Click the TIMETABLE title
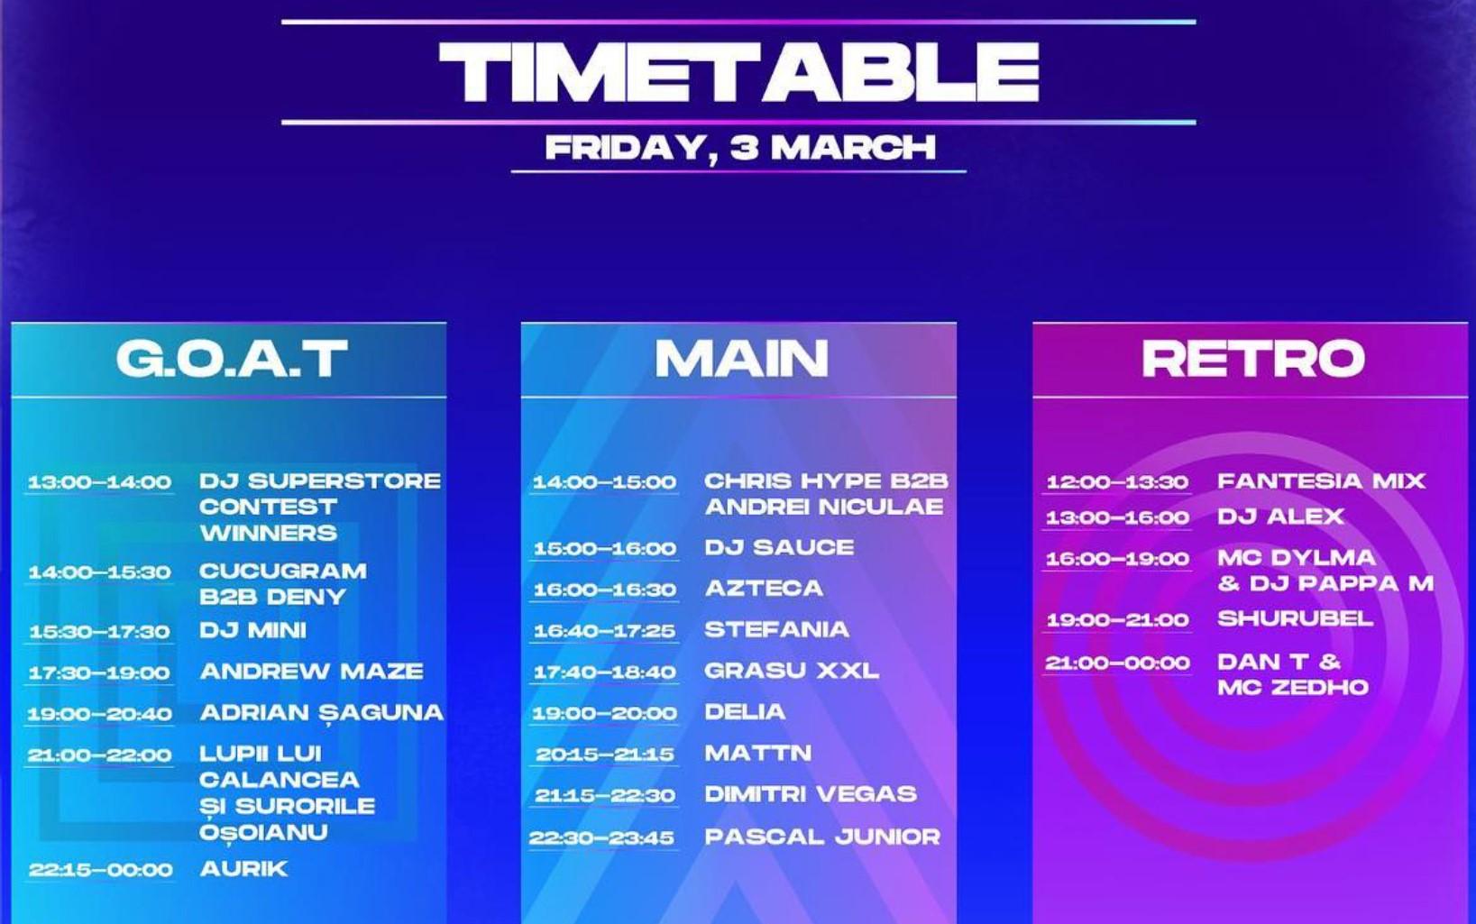tap(738, 72)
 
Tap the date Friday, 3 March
tap(740, 148)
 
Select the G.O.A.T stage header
tap(232, 359)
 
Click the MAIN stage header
tap(741, 359)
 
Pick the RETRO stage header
tap(1253, 359)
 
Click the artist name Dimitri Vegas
tap(811, 793)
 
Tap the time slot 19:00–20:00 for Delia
tap(605, 713)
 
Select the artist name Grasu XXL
tap(792, 671)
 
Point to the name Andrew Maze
tap(312, 671)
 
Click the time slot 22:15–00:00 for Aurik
tap(100, 870)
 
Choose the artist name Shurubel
tap(1296, 618)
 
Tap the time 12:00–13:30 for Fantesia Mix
tap(1117, 482)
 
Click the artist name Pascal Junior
tap(822, 837)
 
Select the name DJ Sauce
tap(780, 547)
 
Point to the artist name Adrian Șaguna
tap(322, 713)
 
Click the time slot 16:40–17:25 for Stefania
tap(604, 631)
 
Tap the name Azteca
tap(764, 588)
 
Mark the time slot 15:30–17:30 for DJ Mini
tap(99, 632)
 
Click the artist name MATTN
tap(757, 753)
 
